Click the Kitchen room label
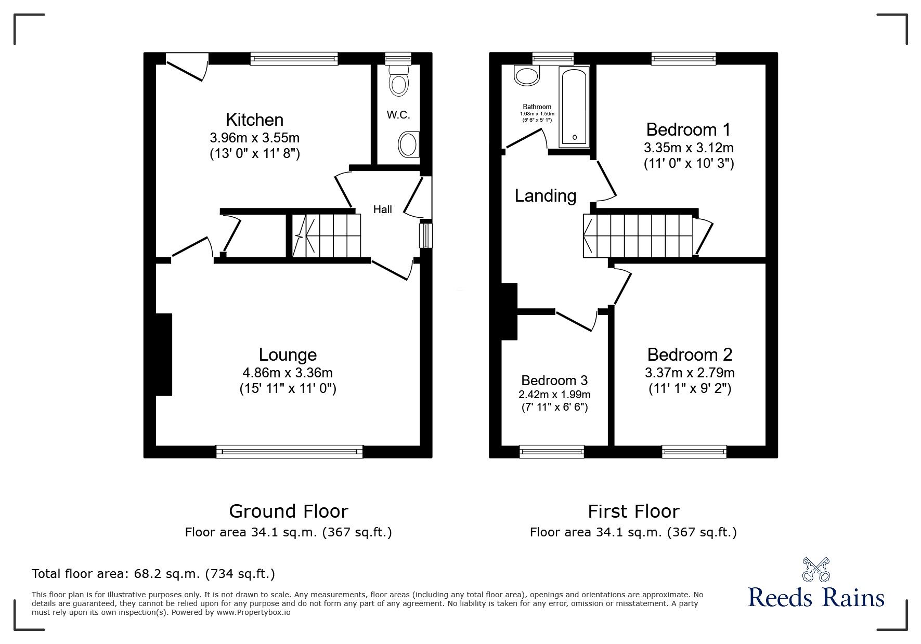pyautogui.click(x=254, y=120)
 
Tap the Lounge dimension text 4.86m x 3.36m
pyautogui.click(x=288, y=373)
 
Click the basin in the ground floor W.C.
pyautogui.click(x=409, y=144)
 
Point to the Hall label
pyautogui.click(x=383, y=209)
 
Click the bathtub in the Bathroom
pyautogui.click(x=574, y=107)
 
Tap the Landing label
pyautogui.click(x=546, y=196)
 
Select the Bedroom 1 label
pyautogui.click(x=689, y=129)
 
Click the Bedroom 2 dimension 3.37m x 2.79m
pyautogui.click(x=690, y=373)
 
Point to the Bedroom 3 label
pyautogui.click(x=554, y=380)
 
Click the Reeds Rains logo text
pyautogui.click(x=816, y=598)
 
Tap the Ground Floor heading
pyautogui.click(x=289, y=511)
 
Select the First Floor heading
pyautogui.click(x=633, y=511)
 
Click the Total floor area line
pyautogui.click(x=153, y=574)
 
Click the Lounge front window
pyautogui.click(x=289, y=451)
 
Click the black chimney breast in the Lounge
pyautogui.click(x=164, y=354)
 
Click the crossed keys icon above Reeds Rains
pyautogui.click(x=816, y=569)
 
